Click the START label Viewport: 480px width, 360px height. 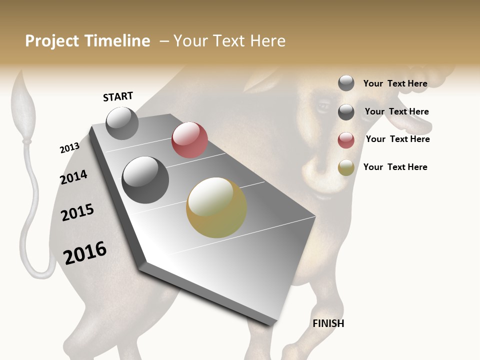[x=118, y=96]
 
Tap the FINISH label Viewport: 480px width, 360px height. [x=328, y=323]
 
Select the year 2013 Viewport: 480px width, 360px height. [x=69, y=148]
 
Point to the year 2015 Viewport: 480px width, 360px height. [x=77, y=212]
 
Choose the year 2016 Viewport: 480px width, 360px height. [x=85, y=253]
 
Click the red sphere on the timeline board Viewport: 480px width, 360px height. [x=189, y=139]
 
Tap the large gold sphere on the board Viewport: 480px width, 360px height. [x=216, y=207]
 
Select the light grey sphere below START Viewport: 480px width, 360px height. [x=122, y=123]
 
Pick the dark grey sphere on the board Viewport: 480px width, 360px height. [x=145, y=180]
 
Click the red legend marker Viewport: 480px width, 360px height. [x=346, y=140]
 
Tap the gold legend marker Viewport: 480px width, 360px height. [x=346, y=167]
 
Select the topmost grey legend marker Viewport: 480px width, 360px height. [x=346, y=83]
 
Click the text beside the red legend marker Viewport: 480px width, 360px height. [x=397, y=139]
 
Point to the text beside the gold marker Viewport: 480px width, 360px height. [x=395, y=167]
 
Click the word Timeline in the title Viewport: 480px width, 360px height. [x=117, y=41]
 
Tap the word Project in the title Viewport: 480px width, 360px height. [x=53, y=41]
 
